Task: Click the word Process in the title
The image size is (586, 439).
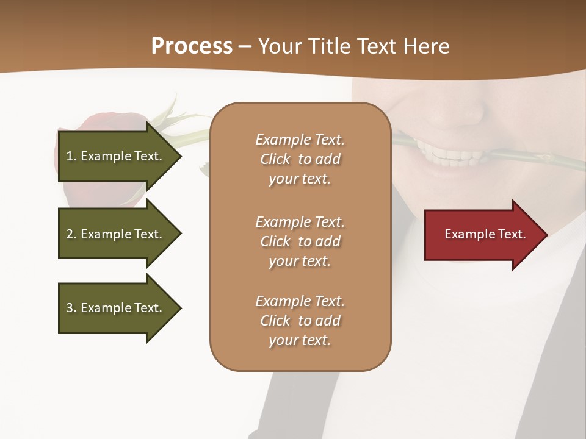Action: (x=192, y=46)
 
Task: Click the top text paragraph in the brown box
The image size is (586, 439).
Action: (x=300, y=159)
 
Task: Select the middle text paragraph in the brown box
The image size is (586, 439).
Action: (x=300, y=241)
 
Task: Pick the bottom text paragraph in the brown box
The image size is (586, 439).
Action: (x=300, y=321)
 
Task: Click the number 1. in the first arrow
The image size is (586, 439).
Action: (x=71, y=156)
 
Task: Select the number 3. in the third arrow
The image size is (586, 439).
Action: (x=71, y=308)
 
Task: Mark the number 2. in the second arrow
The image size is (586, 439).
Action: (x=71, y=234)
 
